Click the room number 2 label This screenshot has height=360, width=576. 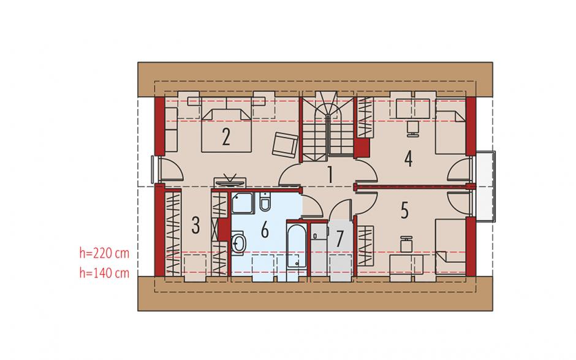(x=226, y=136)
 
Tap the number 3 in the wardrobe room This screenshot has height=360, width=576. (x=196, y=226)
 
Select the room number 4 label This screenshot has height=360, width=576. (x=408, y=159)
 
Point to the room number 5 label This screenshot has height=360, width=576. (x=404, y=210)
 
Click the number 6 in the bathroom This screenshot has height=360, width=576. (x=265, y=230)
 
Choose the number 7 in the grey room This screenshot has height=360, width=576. (x=340, y=239)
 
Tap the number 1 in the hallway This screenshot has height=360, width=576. (x=330, y=175)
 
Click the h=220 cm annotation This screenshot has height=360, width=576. (x=104, y=253)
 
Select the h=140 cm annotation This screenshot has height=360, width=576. (x=104, y=273)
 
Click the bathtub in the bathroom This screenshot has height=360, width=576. (x=296, y=245)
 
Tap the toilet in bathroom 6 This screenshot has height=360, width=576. (x=265, y=202)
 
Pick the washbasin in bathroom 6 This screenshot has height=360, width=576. (x=239, y=242)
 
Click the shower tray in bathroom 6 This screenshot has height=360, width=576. (x=243, y=202)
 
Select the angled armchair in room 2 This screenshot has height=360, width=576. (x=285, y=144)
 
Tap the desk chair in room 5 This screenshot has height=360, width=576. (x=406, y=245)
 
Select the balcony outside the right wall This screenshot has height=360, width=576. (x=484, y=186)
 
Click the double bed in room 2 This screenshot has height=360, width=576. (x=226, y=130)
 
